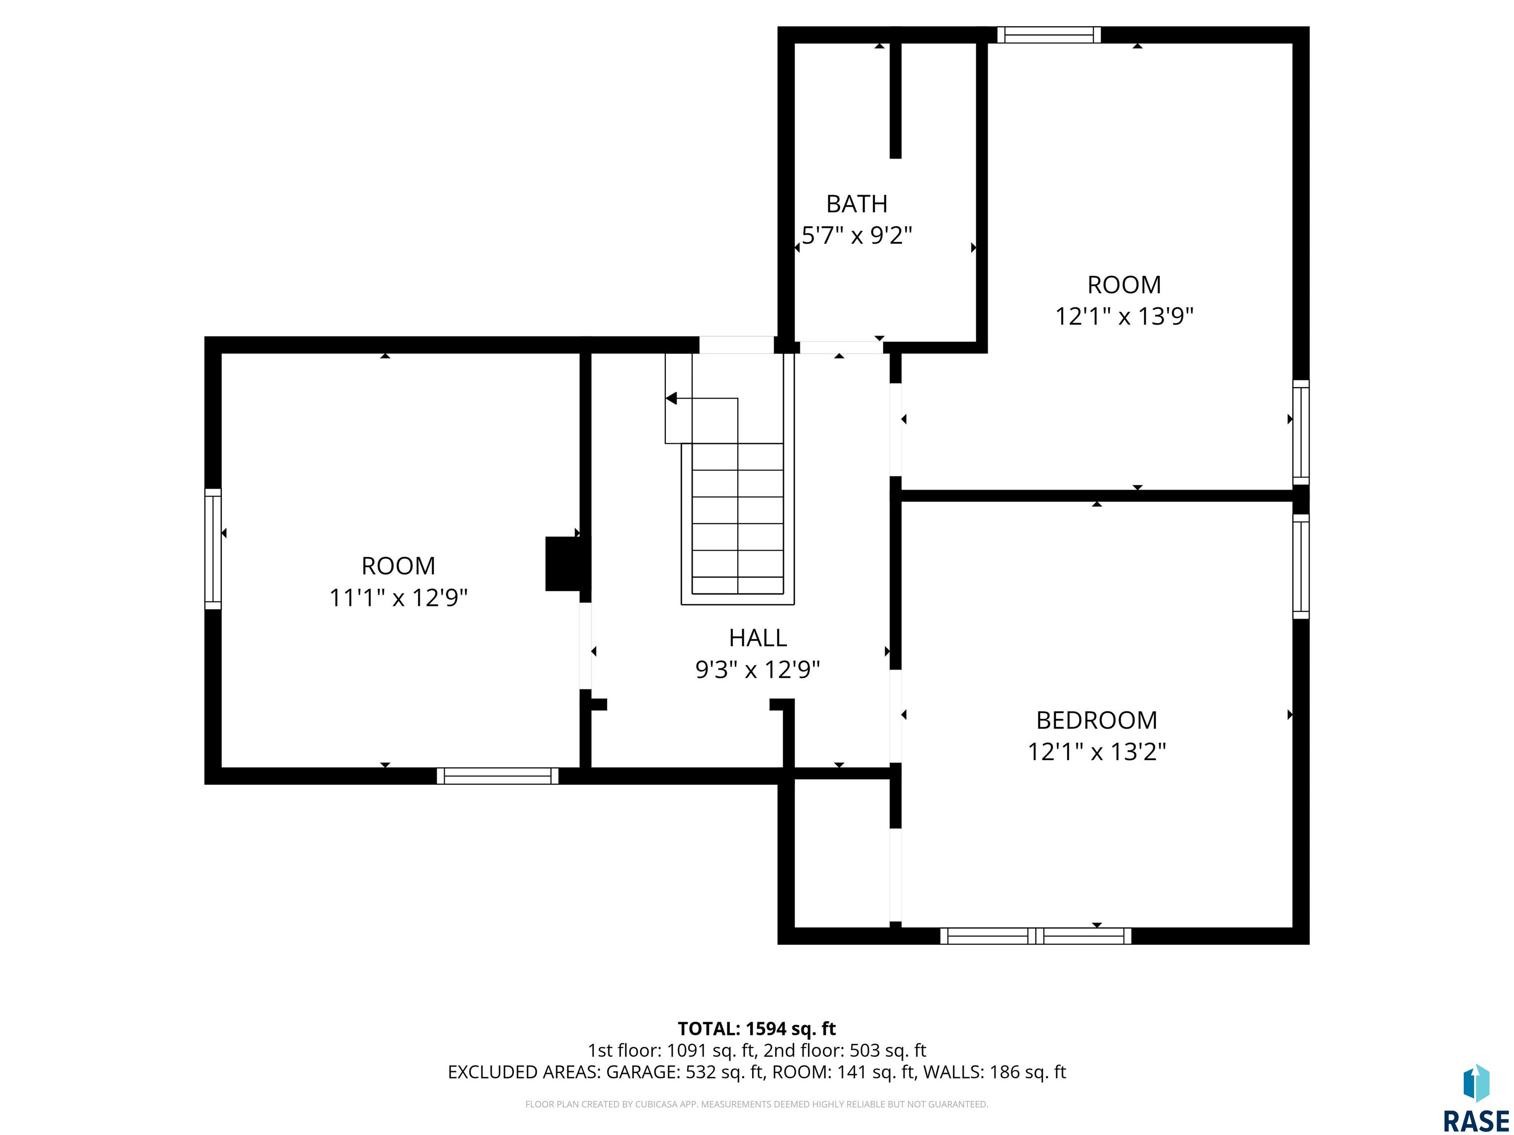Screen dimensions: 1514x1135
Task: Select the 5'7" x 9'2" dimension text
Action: [x=857, y=236]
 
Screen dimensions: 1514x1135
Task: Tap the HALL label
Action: [x=757, y=637]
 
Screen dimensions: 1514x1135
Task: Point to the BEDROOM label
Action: [x=1097, y=720]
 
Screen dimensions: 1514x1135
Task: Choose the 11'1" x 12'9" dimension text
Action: [x=398, y=598]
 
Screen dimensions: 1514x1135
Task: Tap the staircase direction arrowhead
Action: [x=671, y=398]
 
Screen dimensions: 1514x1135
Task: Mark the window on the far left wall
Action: [x=213, y=549]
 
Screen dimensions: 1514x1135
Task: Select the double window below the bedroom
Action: [x=1035, y=936]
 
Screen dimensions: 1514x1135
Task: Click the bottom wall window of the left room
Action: [x=498, y=776]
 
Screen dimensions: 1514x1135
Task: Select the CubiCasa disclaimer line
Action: [x=757, y=1104]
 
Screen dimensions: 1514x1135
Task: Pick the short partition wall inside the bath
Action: [x=895, y=100]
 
